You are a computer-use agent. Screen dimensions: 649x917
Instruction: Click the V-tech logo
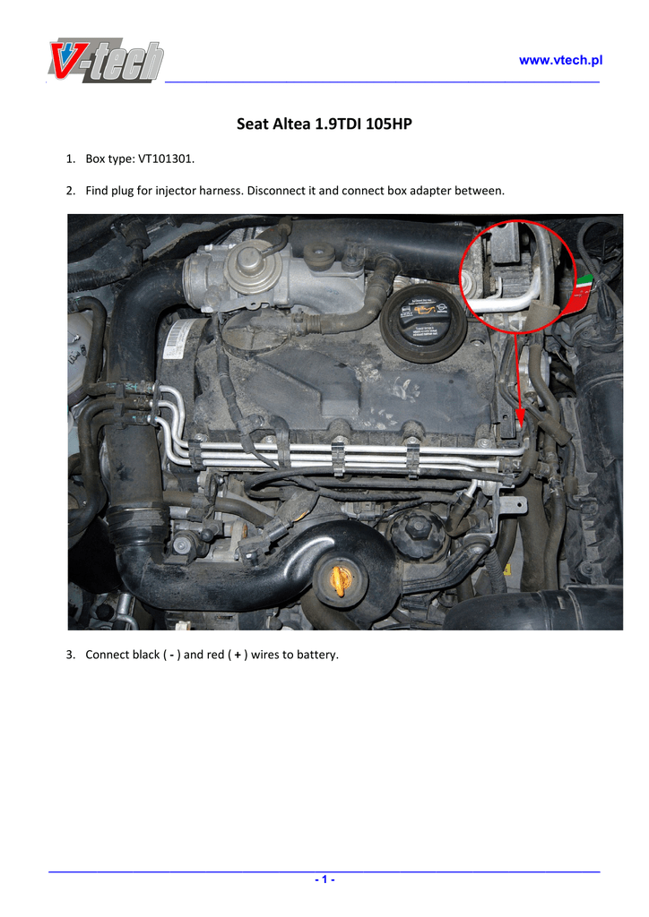pos(106,60)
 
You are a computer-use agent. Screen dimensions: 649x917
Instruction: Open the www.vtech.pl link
pos(560,60)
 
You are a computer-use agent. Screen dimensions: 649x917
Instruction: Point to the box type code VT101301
pos(165,159)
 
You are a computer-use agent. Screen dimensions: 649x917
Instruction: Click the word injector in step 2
pos(175,191)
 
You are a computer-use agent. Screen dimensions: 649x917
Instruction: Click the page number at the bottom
pos(324,879)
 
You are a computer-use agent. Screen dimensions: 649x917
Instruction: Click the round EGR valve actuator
pos(254,269)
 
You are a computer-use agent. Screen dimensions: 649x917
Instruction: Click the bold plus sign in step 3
pos(238,655)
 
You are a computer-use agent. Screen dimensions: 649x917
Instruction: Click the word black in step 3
pos(146,655)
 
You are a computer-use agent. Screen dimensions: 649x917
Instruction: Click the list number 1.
pos(70,159)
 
